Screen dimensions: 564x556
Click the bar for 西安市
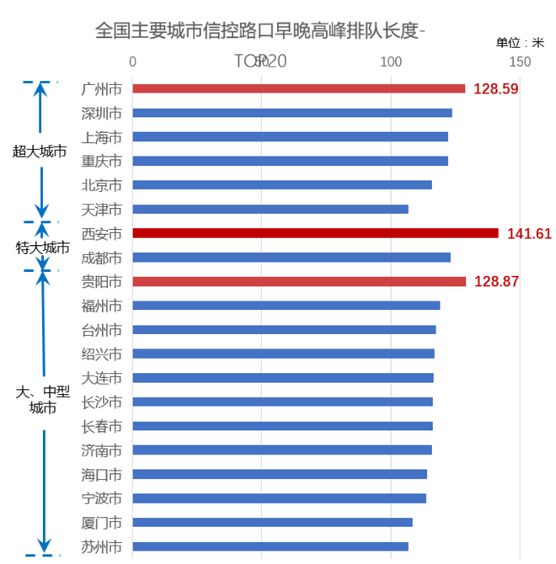tap(315, 233)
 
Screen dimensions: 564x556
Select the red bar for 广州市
tap(298, 88)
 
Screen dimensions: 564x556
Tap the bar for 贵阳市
tap(299, 281)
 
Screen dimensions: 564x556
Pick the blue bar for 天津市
tap(270, 209)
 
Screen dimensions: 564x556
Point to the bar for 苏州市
tap(270, 546)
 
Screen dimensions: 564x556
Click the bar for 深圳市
tap(292, 113)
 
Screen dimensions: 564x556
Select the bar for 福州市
tap(286, 306)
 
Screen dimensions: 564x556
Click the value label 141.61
tap(529, 233)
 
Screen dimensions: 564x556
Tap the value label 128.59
tap(496, 88)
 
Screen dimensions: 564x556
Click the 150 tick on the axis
tap(520, 62)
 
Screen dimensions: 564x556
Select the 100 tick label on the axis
tap(390, 62)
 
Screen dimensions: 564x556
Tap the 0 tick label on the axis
tap(133, 62)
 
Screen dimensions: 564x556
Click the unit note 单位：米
tap(520, 42)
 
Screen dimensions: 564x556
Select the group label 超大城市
tap(40, 152)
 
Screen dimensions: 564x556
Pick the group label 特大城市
tap(43, 247)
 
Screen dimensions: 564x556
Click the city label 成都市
tap(102, 258)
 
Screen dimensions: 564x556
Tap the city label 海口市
tap(102, 475)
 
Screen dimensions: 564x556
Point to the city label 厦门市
tap(102, 523)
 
